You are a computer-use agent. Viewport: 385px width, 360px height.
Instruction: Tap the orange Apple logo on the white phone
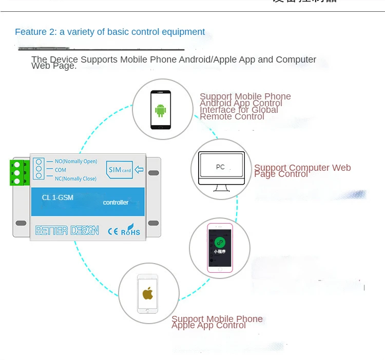coord(148,293)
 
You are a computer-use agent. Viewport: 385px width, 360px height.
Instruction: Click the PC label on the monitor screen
coord(220,167)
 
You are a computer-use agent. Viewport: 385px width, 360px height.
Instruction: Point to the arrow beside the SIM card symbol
coord(139,170)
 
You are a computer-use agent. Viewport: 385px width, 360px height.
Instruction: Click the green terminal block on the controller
coord(19,173)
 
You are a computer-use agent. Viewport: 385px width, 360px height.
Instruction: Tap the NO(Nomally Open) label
coord(76,162)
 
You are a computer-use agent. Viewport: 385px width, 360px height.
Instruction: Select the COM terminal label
coord(61,170)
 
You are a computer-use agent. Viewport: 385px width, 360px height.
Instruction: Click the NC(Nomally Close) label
coord(75,178)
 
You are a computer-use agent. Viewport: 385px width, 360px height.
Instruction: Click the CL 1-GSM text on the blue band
coord(57,197)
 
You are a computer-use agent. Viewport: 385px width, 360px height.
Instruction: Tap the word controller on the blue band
coord(116,203)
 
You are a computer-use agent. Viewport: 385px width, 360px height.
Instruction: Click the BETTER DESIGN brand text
coord(67,231)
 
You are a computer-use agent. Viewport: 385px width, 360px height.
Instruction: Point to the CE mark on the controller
coord(113,231)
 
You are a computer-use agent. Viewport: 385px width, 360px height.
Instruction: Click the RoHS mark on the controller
coord(130,230)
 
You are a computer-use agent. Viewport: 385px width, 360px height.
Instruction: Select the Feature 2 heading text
coord(110,32)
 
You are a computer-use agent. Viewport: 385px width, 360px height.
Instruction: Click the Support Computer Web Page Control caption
coord(302,171)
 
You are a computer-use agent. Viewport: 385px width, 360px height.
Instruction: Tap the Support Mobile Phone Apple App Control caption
coord(217,322)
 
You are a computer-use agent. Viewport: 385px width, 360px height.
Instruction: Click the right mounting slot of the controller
coord(153,223)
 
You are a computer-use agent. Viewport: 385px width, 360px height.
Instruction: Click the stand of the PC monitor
coord(221,188)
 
